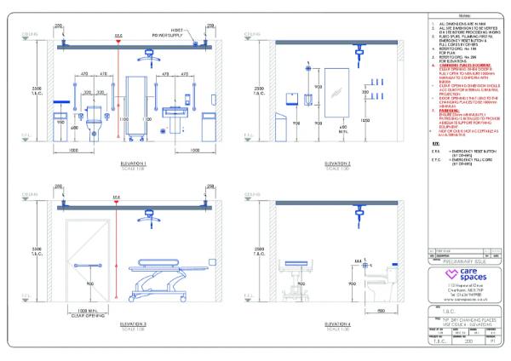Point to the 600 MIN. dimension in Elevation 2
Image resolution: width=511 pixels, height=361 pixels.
(x=343, y=130)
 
